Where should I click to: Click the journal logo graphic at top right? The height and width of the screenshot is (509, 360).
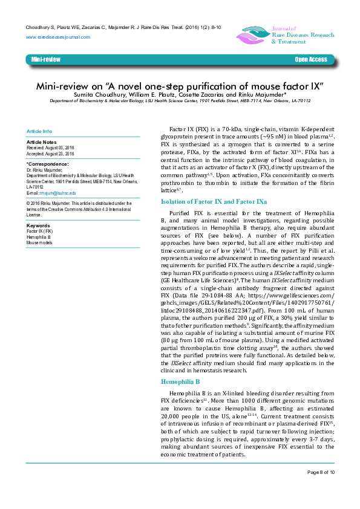(253, 35)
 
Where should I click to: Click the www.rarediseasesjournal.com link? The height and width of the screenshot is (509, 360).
(58, 37)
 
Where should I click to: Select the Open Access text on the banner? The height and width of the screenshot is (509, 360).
(310, 60)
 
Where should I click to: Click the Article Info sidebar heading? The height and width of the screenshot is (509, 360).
(39, 131)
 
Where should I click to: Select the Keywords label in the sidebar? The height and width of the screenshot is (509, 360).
(38, 225)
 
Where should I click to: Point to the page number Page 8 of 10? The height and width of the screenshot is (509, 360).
(321, 488)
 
